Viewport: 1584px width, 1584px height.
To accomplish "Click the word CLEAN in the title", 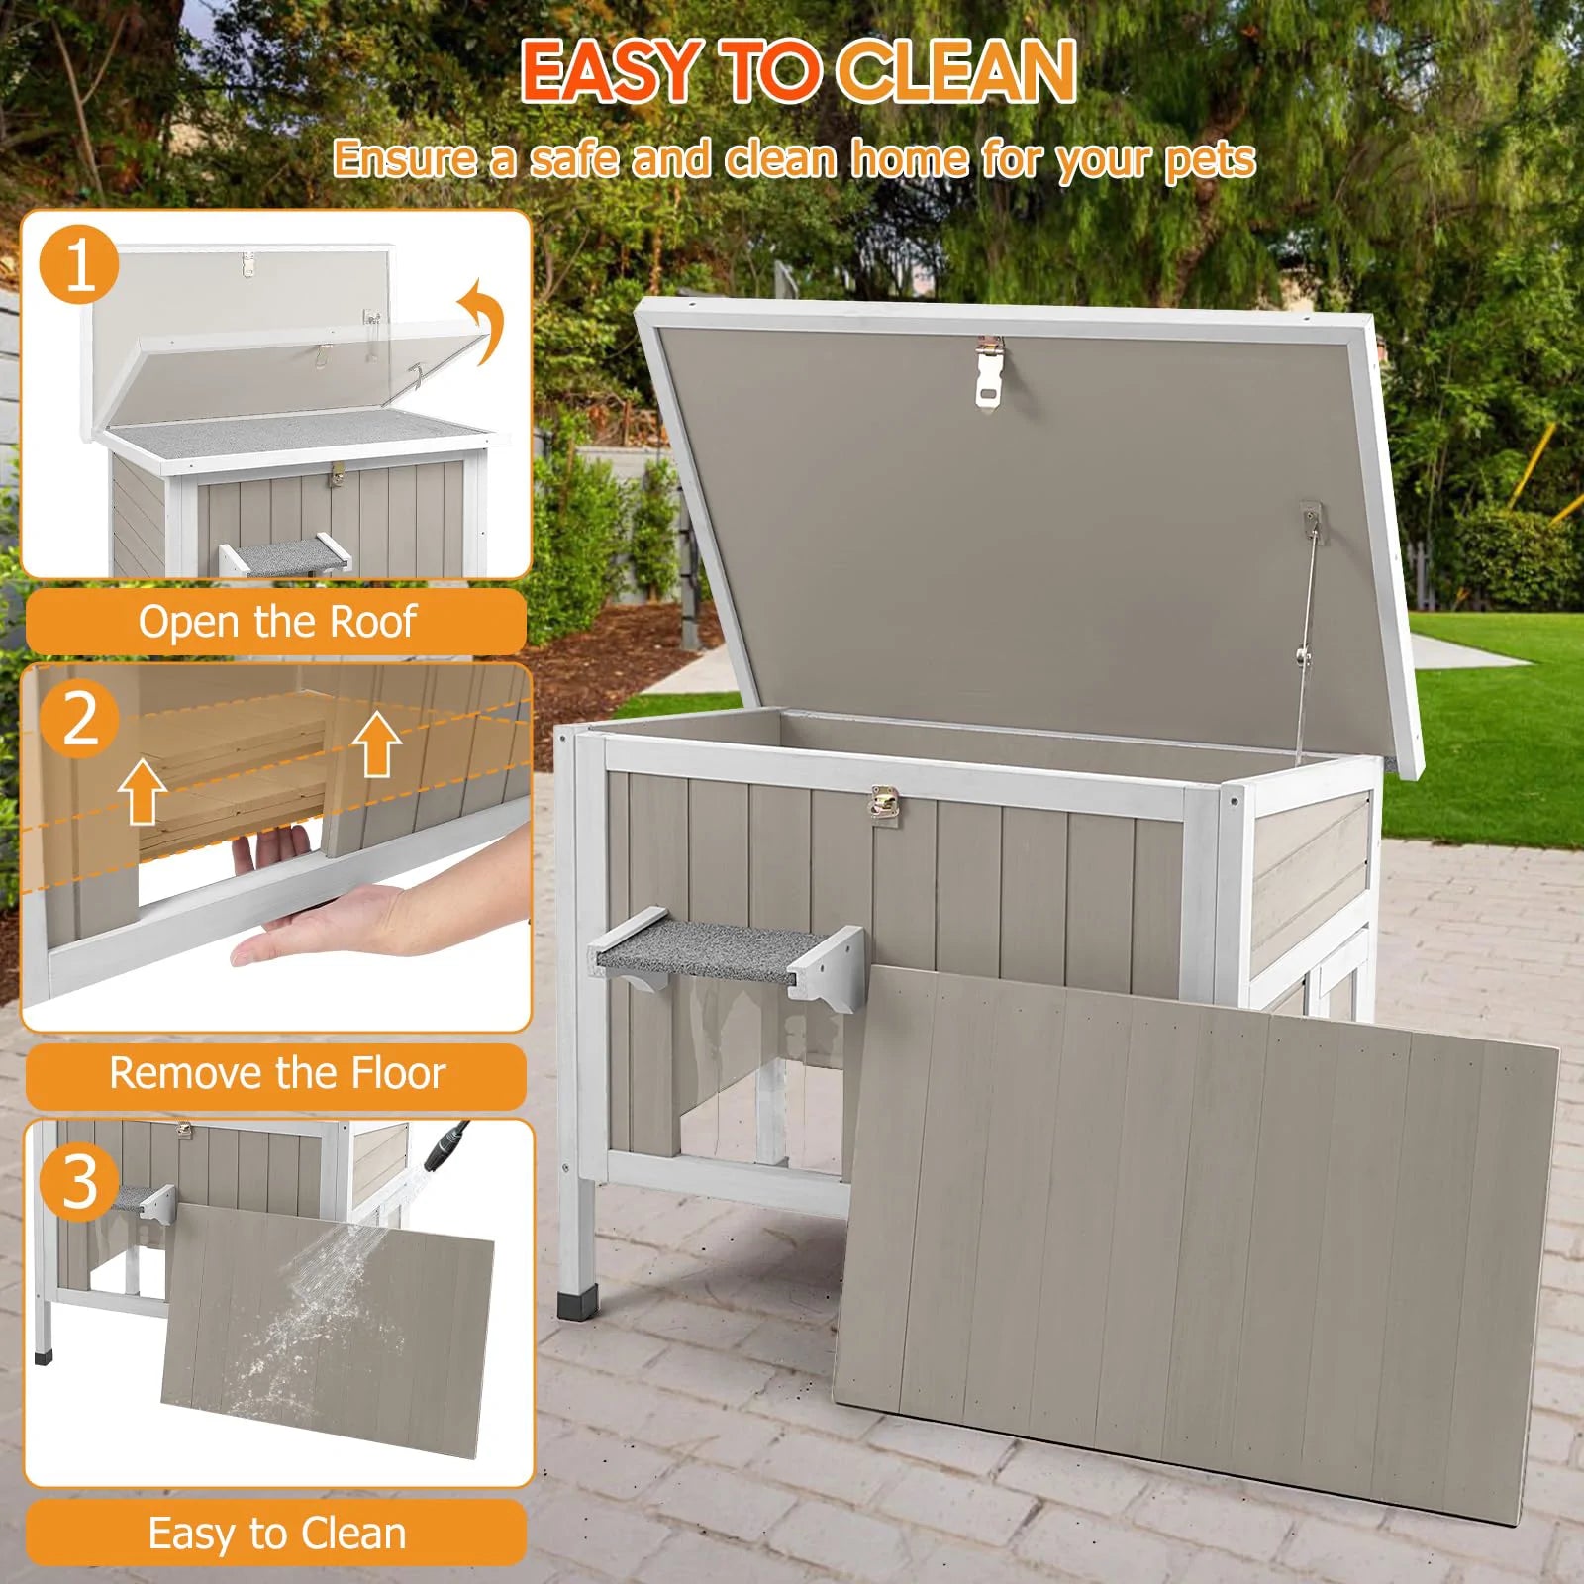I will coord(956,71).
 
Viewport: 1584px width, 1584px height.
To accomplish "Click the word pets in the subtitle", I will coord(1209,160).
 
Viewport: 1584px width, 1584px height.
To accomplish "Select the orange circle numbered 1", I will coord(79,265).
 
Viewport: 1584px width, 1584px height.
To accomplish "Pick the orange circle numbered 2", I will coord(79,718).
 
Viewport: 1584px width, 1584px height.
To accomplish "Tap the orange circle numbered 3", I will coord(79,1180).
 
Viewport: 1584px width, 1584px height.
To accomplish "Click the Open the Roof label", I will coord(276,622).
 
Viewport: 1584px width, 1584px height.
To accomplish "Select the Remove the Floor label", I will coord(276,1074).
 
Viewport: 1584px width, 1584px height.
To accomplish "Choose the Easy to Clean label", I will coord(276,1534).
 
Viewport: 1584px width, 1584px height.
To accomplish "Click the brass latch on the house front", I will coord(883,803).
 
